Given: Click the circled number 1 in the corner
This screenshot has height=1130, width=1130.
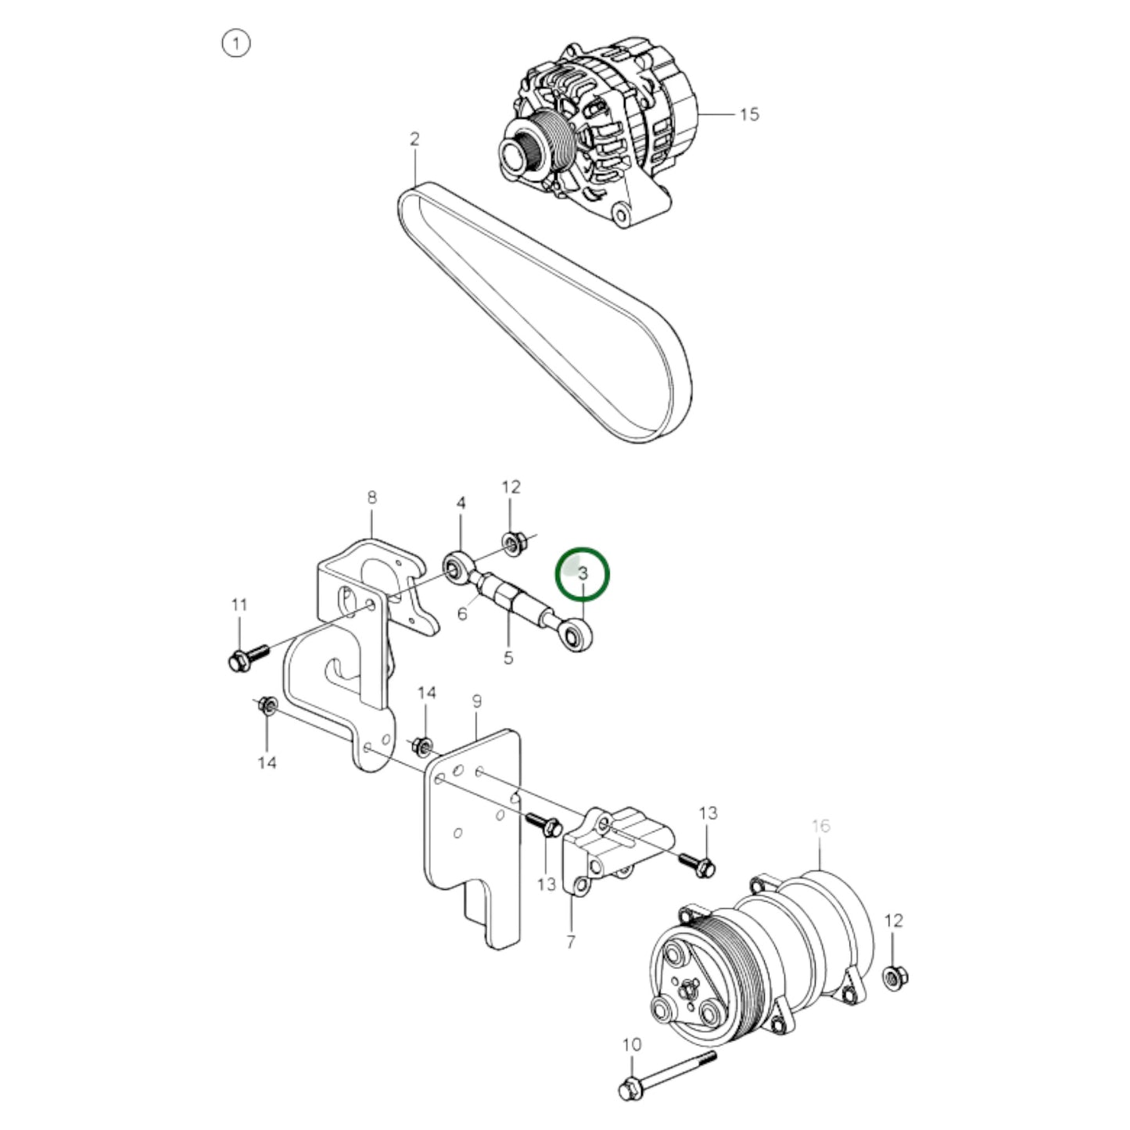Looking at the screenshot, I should [236, 44].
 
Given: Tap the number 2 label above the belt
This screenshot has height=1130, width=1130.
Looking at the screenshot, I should [414, 139].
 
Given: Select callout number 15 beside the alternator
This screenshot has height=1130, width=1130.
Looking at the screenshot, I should [748, 114].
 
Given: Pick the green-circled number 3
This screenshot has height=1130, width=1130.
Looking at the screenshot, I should [582, 573].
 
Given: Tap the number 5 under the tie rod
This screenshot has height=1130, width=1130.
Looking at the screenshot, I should [508, 658].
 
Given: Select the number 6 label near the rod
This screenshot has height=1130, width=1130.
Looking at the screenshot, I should [462, 613].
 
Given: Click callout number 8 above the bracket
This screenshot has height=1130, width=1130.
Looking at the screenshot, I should [372, 497].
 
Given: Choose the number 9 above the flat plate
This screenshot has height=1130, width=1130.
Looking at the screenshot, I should [477, 701].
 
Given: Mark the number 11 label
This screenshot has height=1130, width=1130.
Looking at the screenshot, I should [239, 604].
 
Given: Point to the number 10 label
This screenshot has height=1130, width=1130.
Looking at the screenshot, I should [632, 1044].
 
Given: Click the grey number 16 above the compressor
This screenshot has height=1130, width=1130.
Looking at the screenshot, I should [820, 826].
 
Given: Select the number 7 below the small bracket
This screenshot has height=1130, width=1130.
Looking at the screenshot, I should [571, 942].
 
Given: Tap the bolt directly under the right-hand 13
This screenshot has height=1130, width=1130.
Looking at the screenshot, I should [698, 863].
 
